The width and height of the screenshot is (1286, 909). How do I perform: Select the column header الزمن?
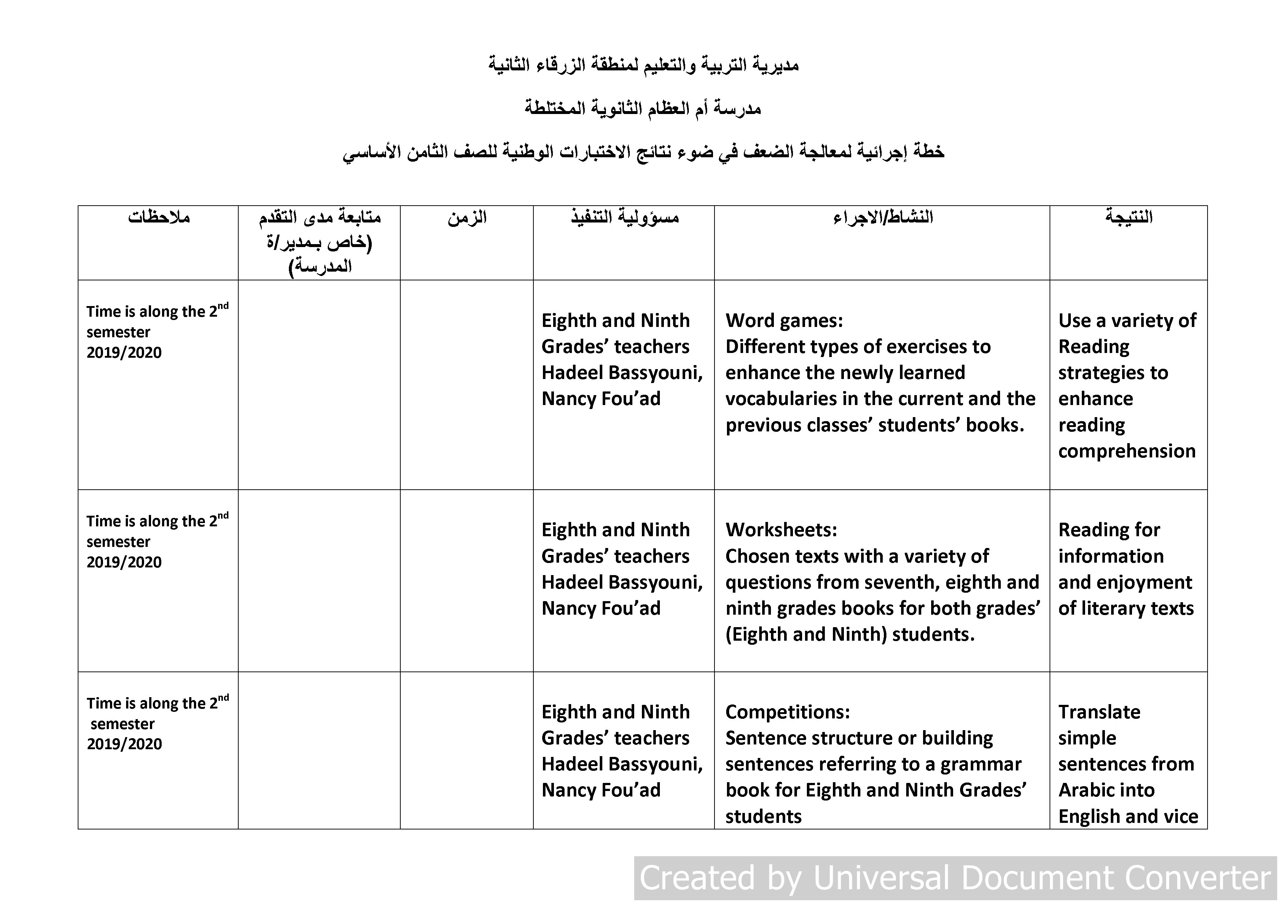click(x=467, y=217)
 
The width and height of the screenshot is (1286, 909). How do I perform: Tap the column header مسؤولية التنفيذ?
click(x=625, y=217)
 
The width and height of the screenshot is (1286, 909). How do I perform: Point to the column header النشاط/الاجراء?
click(x=883, y=217)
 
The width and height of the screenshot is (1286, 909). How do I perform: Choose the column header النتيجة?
click(x=1129, y=217)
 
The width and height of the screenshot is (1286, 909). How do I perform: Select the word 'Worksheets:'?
click(x=781, y=530)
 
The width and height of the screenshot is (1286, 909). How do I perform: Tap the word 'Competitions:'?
click(x=787, y=712)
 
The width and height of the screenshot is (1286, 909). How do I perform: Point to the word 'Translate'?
click(x=1099, y=712)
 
